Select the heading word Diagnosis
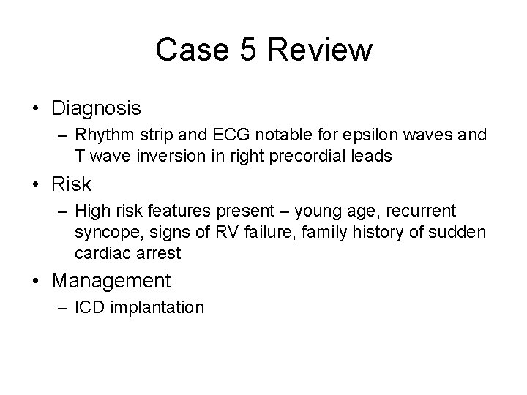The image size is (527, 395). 96,108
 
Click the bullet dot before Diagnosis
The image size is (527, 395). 36,109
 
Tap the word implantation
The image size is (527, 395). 157,308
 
